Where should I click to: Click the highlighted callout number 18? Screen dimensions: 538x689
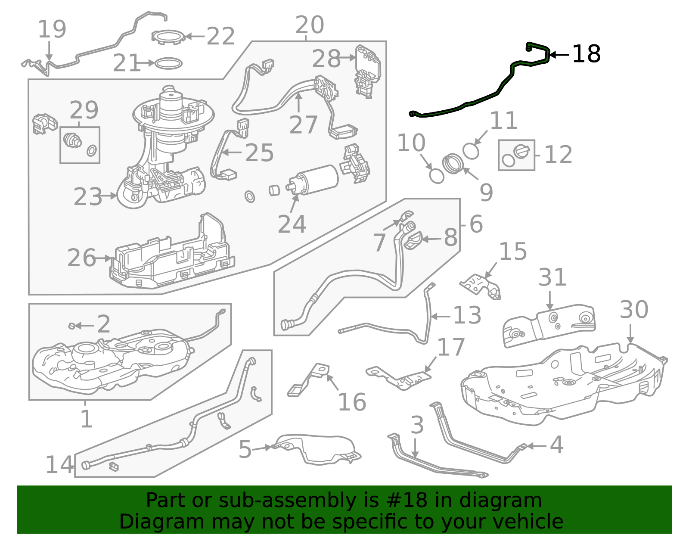point(586,54)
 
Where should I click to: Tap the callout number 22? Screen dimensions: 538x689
point(220,37)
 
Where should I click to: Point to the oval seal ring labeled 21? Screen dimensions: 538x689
point(168,63)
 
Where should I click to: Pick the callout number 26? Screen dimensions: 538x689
point(81,258)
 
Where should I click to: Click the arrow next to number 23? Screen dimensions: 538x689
point(110,196)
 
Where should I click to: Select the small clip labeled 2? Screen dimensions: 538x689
point(72,326)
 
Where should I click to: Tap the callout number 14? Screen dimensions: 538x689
point(59,465)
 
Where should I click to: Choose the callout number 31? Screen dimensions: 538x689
point(552,277)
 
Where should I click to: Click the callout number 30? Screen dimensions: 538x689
point(634,310)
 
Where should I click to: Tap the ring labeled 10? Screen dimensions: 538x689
point(437,176)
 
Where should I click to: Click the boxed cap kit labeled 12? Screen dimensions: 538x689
point(516,155)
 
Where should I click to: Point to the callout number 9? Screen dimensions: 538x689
point(486,193)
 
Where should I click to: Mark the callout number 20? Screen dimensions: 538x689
point(310,25)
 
